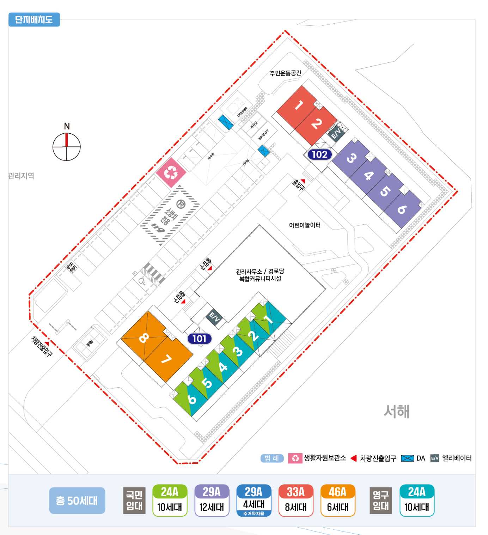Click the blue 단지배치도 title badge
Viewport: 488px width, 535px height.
tap(34, 19)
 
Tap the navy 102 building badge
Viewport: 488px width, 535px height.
tap(319, 154)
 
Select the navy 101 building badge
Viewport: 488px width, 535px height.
tap(199, 339)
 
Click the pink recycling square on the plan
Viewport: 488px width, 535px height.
tap(171, 172)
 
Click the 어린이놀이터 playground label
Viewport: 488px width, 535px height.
tap(305, 225)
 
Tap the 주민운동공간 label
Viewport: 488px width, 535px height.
tap(285, 73)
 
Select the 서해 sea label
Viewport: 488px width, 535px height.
tap(396, 411)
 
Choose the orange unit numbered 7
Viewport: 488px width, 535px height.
tap(167, 360)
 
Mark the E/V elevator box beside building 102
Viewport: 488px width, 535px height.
tap(336, 133)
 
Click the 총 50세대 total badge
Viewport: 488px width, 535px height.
tap(77, 500)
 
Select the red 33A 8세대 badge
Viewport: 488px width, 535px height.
tap(295, 500)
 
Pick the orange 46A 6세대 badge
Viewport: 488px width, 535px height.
tap(337, 500)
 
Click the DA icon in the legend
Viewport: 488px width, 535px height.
tap(407, 458)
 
